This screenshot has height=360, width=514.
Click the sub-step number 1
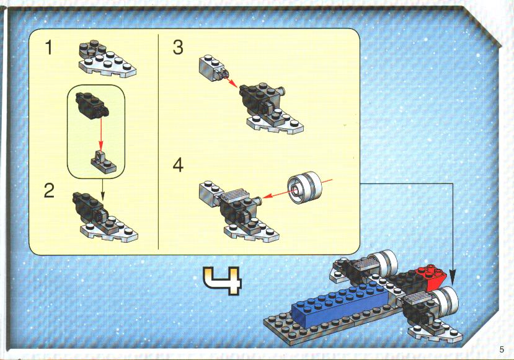(49, 48)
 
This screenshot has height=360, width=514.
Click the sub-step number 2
(49, 191)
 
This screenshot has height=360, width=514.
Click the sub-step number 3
(178, 47)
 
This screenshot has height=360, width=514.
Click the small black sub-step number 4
(178, 165)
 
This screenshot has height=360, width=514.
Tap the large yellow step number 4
(223, 281)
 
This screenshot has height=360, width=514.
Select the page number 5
(502, 349)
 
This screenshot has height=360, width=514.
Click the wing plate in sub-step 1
(107, 59)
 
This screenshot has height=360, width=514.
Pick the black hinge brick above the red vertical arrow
(92, 104)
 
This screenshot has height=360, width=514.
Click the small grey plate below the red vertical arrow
(104, 161)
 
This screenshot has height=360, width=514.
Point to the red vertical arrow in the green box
(101, 134)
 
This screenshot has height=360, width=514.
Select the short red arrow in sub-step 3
(231, 82)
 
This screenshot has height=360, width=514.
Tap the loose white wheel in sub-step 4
(305, 187)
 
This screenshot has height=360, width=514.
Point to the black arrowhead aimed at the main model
(453, 277)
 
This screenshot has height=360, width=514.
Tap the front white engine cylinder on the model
(446, 301)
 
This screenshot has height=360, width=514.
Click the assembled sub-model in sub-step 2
(105, 217)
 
